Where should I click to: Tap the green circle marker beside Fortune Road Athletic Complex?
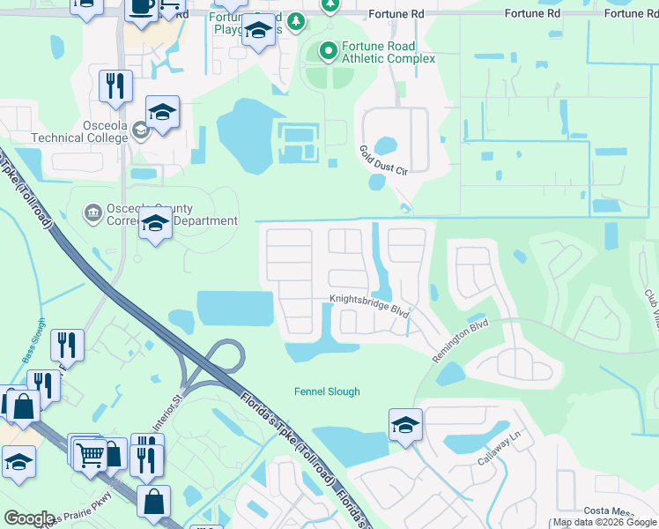[329, 51]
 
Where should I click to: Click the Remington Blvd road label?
[459, 339]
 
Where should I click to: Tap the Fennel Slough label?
[327, 391]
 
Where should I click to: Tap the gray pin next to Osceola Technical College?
[140, 133]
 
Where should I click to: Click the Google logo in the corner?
[28, 518]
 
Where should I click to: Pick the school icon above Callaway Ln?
[405, 426]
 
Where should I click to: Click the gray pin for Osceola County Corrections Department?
[92, 212]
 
